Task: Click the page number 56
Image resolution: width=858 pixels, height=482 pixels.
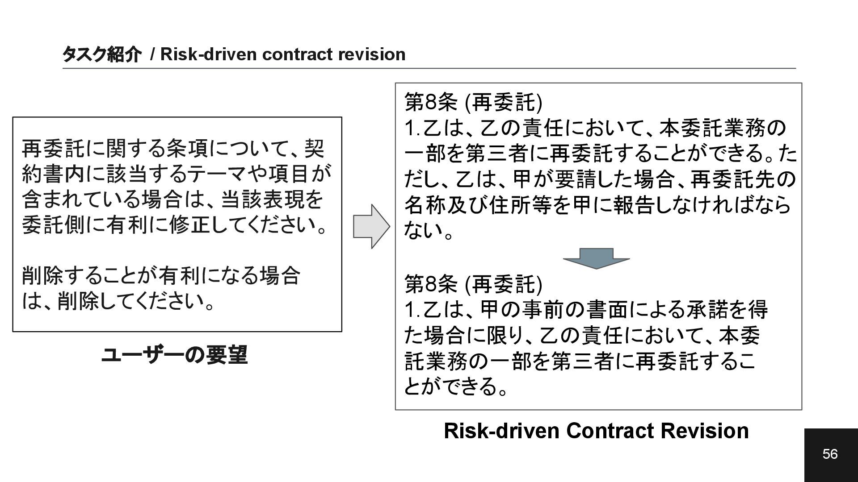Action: [x=830, y=454]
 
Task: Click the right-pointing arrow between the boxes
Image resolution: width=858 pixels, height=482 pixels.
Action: [x=371, y=226]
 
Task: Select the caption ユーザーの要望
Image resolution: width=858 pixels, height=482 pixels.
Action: [x=174, y=356]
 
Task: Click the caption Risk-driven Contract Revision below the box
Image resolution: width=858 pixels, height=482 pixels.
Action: [x=596, y=431]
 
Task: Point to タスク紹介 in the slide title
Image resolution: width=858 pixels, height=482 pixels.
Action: [x=101, y=54]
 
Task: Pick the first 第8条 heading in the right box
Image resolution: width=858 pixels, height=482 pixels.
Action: [x=430, y=102]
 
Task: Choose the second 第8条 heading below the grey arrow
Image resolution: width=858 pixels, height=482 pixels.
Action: [x=430, y=284]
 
